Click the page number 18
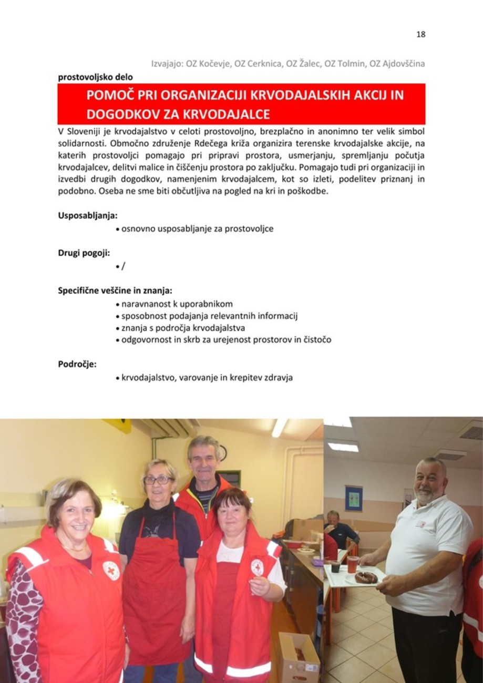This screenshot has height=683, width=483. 420,35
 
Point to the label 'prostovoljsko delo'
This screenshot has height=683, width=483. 95,77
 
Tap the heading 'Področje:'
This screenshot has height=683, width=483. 77,364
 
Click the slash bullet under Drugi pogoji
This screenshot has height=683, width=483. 123,266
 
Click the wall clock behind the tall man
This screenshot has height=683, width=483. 223,453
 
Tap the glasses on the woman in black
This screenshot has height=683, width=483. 158,480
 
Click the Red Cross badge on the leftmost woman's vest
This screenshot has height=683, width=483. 111,571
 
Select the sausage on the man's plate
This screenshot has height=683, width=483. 366,577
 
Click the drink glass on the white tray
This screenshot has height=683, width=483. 352,564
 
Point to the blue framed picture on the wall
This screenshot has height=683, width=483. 354,498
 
